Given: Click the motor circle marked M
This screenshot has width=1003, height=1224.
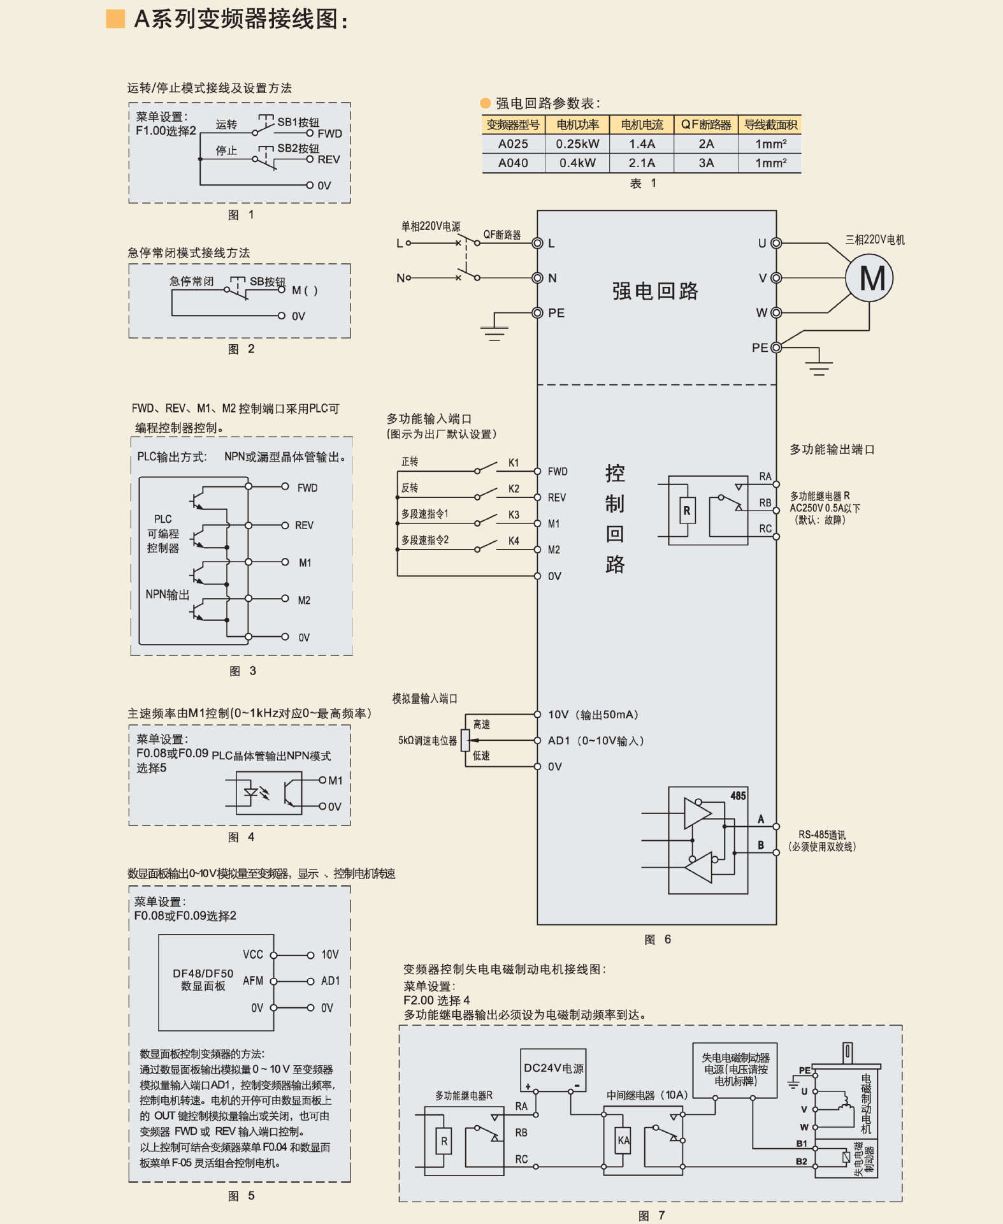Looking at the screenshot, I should click(x=869, y=279).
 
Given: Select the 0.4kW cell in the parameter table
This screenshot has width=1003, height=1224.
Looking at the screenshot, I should click(x=577, y=163).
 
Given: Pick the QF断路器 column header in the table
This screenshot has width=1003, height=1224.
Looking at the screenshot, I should click(x=705, y=125).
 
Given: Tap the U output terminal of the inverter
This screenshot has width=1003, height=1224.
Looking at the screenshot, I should click(x=776, y=244).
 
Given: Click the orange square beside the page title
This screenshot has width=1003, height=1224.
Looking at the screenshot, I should click(x=115, y=19).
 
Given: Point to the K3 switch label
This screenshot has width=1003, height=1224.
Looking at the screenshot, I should click(x=514, y=514).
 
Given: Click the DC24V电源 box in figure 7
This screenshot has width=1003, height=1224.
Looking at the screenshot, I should click(x=553, y=1068).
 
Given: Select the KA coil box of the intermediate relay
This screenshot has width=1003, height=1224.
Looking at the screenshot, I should click(x=623, y=1140).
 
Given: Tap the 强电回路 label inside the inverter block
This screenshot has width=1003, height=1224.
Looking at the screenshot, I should click(x=655, y=291).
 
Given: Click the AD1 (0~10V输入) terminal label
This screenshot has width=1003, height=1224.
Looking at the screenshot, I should click(x=596, y=741).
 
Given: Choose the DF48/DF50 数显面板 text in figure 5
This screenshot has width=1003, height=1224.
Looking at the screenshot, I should click(x=203, y=980).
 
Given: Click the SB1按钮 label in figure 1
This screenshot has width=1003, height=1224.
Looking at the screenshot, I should click(x=298, y=122).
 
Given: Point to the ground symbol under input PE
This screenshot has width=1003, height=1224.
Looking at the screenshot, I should click(x=494, y=333).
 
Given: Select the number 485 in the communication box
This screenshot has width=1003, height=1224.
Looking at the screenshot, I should click(x=738, y=796).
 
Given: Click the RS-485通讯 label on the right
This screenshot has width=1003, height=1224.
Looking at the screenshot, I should click(x=822, y=835).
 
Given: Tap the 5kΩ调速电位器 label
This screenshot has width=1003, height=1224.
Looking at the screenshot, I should click(x=427, y=741).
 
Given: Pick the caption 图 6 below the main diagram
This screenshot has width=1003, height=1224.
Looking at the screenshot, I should click(x=657, y=940).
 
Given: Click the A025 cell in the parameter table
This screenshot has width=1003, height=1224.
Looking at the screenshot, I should click(x=513, y=144).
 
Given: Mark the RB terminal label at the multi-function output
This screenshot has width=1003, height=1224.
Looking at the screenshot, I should click(x=765, y=503).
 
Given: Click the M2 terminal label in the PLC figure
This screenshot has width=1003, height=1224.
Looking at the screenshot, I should click(x=304, y=601).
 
